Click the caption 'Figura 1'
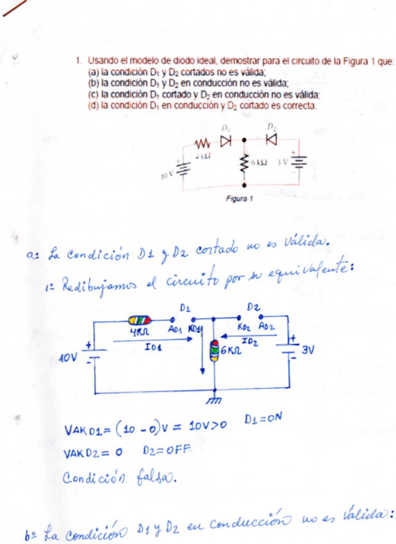click(x=240, y=198)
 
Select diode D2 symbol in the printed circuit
click(x=271, y=139)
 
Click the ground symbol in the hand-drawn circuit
click(x=214, y=400)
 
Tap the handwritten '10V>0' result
click(x=206, y=428)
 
